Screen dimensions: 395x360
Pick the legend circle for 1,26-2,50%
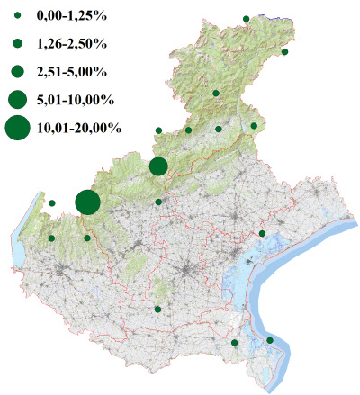17,43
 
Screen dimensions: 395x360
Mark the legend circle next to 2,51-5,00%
17,71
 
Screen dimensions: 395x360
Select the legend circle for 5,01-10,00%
17,99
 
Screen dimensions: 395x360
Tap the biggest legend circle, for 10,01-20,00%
17,129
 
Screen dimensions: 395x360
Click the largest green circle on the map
87,202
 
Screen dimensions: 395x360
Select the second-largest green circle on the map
158,166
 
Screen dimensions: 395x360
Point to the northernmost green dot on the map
246,17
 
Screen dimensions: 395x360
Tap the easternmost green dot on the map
284,52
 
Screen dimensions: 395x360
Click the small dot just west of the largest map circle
52,203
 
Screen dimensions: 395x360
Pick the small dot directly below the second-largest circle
158,202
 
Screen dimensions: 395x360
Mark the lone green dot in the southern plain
157,310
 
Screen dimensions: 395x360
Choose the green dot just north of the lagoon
262,234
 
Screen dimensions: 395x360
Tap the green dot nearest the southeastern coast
270,340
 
